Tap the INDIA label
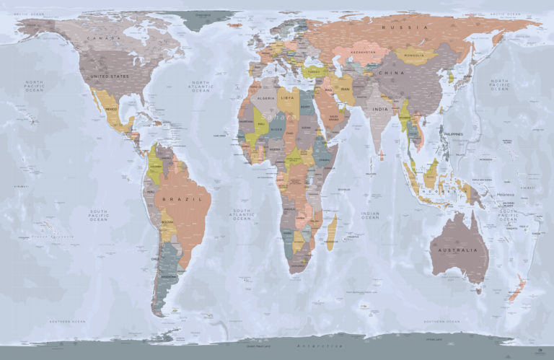click(x=380, y=109)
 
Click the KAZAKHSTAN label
click(x=363, y=53)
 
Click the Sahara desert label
click(x=278, y=116)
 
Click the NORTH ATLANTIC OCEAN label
click(x=201, y=87)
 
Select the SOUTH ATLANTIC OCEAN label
click(x=242, y=214)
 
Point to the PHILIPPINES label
click(x=451, y=134)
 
